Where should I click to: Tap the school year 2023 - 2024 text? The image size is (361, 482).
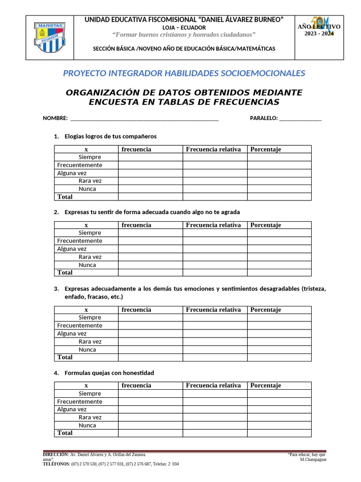(x=319, y=33)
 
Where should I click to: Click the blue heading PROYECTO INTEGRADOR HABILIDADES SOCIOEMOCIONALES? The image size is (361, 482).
(x=184, y=73)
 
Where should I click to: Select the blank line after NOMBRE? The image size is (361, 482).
(x=143, y=118)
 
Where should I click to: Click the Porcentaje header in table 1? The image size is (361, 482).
(x=266, y=149)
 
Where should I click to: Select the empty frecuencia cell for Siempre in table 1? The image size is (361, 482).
(x=150, y=157)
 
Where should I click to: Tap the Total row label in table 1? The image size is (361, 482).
(x=65, y=197)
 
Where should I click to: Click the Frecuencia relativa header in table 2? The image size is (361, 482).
(x=213, y=225)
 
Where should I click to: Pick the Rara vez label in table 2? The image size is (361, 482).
(x=90, y=257)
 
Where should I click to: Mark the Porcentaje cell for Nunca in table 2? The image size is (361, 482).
(x=279, y=265)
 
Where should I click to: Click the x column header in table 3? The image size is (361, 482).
(x=86, y=310)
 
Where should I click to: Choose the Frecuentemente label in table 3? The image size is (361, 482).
(x=79, y=326)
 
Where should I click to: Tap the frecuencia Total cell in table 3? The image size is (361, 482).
(x=150, y=357)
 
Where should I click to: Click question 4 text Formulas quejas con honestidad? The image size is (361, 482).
(x=109, y=373)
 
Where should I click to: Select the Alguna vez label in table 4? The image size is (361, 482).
(x=72, y=410)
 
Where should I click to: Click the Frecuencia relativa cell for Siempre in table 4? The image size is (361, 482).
(x=215, y=394)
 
